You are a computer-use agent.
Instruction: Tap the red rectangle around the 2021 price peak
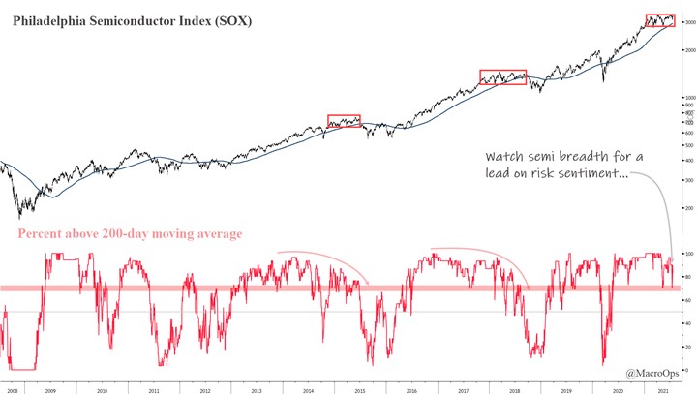[660, 20]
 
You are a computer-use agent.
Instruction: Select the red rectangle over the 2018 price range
[503, 77]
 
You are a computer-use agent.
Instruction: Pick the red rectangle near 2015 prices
[344, 121]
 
